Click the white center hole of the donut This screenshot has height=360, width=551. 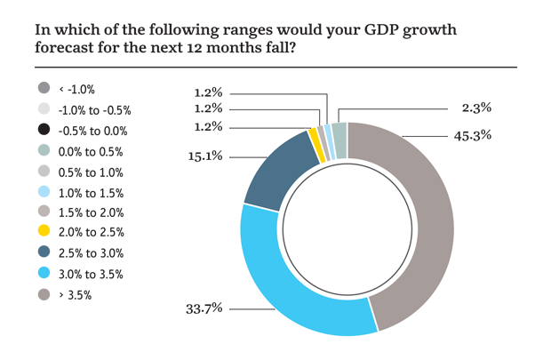pyautogui.click(x=347, y=228)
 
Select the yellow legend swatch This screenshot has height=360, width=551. pyautogui.click(x=44, y=230)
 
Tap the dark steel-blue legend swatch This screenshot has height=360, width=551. pyautogui.click(x=44, y=251)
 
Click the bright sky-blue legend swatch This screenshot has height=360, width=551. pyautogui.click(x=44, y=270)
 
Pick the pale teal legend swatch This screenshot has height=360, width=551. pyautogui.click(x=44, y=149)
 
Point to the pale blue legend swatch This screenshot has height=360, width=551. pyautogui.click(x=44, y=190)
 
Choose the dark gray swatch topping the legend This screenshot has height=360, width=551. pyautogui.click(x=44, y=86)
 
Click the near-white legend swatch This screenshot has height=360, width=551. pyautogui.click(x=44, y=108)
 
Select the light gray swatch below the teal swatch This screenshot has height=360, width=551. pyautogui.click(x=44, y=170)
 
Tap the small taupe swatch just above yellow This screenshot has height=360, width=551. pyautogui.click(x=44, y=210)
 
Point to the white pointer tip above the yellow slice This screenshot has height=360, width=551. pyautogui.click(x=312, y=123)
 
